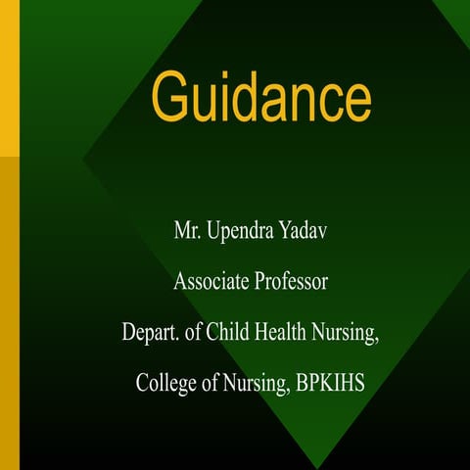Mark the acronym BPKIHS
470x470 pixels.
[x=330, y=381]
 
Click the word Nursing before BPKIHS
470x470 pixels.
[x=256, y=383]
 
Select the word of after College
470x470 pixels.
[x=212, y=381]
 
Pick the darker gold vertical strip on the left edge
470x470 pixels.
[x=10, y=313]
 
